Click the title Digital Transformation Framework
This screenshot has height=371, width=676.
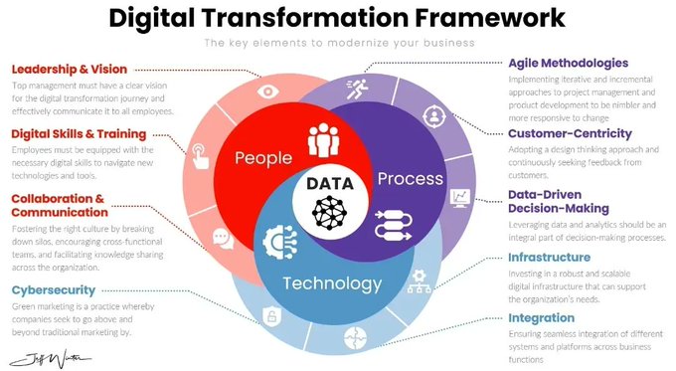coord(337,17)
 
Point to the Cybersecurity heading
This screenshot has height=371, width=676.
coord(54,289)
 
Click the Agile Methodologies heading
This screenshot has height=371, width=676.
coord(569,63)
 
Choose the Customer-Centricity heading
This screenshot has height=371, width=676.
coord(570,133)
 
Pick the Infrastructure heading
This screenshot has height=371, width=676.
coord(549,258)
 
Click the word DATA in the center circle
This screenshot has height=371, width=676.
coord(330,184)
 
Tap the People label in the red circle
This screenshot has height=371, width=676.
coord(262,158)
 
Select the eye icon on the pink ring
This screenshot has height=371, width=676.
coord(267,91)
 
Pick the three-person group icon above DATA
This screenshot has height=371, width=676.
coord(325,139)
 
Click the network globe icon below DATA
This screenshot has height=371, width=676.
coord(329,211)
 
